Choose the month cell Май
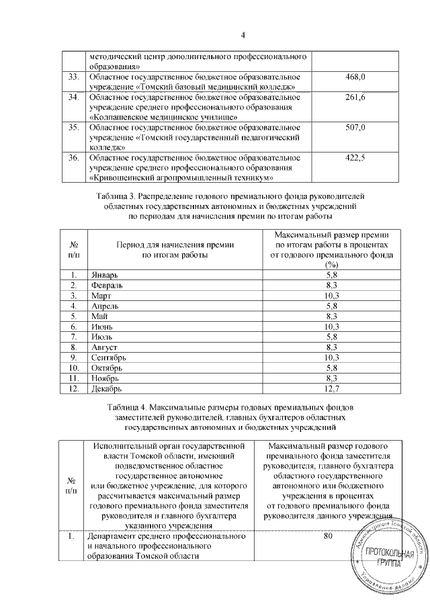[98, 316]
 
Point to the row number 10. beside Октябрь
[75, 367]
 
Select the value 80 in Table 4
[329, 537]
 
